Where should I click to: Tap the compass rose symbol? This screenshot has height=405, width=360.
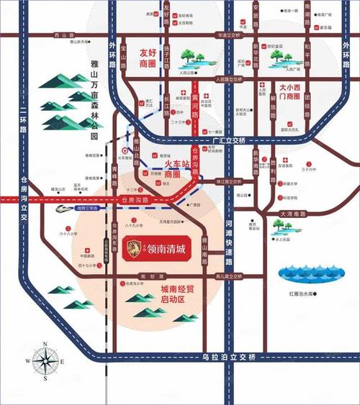[x=45, y=360]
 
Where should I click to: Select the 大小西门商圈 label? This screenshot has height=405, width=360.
[x=293, y=92]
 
